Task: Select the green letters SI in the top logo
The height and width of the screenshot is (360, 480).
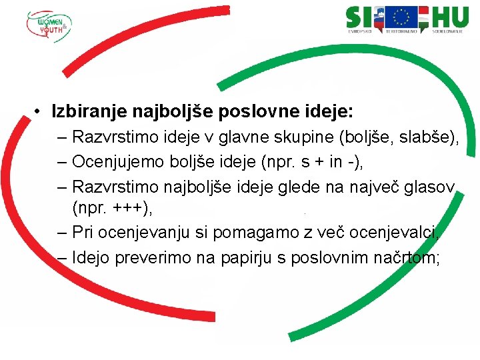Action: [360, 17]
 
